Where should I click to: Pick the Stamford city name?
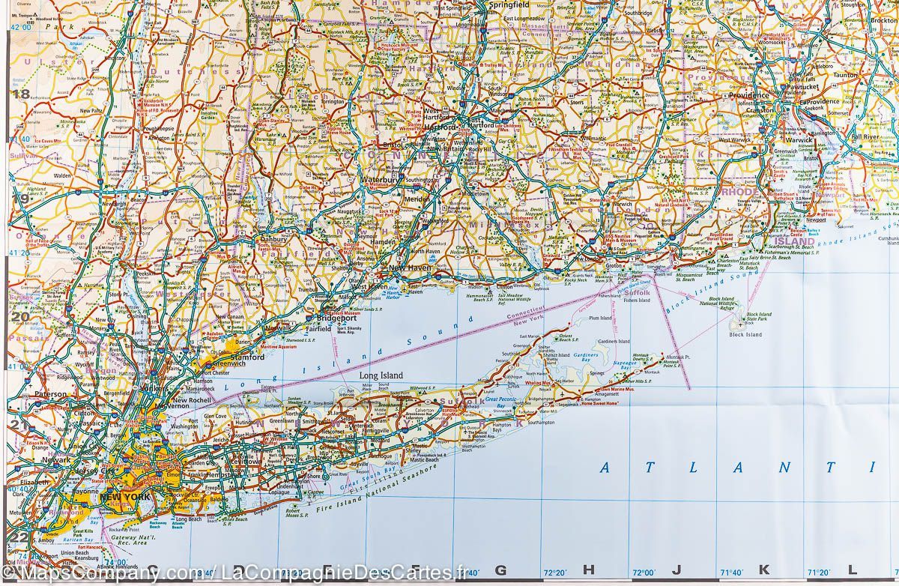click(x=251, y=357)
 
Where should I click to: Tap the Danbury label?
click(x=273, y=240)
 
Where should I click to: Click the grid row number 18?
click(x=21, y=94)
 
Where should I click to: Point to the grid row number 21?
click(x=19, y=426)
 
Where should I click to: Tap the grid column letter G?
click(x=500, y=570)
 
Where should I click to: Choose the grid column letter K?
click(x=763, y=570)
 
